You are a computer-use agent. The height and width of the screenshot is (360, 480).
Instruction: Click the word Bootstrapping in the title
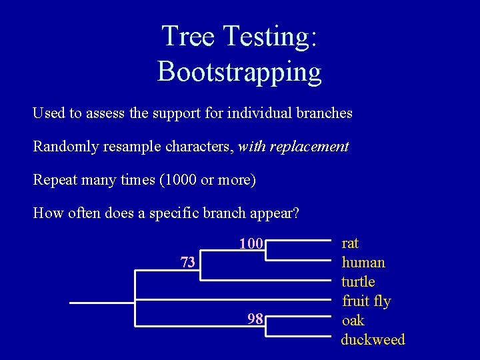click(x=239, y=71)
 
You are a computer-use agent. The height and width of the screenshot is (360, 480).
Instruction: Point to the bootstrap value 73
click(x=188, y=262)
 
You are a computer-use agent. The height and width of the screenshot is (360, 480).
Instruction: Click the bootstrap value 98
click(x=255, y=319)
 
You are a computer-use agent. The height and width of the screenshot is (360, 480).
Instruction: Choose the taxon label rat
click(x=350, y=243)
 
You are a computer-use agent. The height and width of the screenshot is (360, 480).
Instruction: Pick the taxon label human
click(x=363, y=263)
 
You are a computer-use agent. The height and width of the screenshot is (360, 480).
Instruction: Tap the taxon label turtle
click(x=358, y=282)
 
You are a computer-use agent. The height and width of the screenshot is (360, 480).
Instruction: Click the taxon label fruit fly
click(x=366, y=301)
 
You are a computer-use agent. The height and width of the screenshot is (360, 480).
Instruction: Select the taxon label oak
click(x=353, y=321)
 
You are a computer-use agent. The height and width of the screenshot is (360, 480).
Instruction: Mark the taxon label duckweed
click(x=373, y=340)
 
